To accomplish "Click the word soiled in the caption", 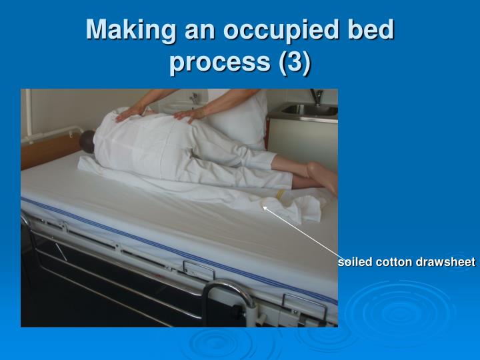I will click(x=355, y=262).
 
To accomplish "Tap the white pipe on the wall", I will click(x=29, y=113).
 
